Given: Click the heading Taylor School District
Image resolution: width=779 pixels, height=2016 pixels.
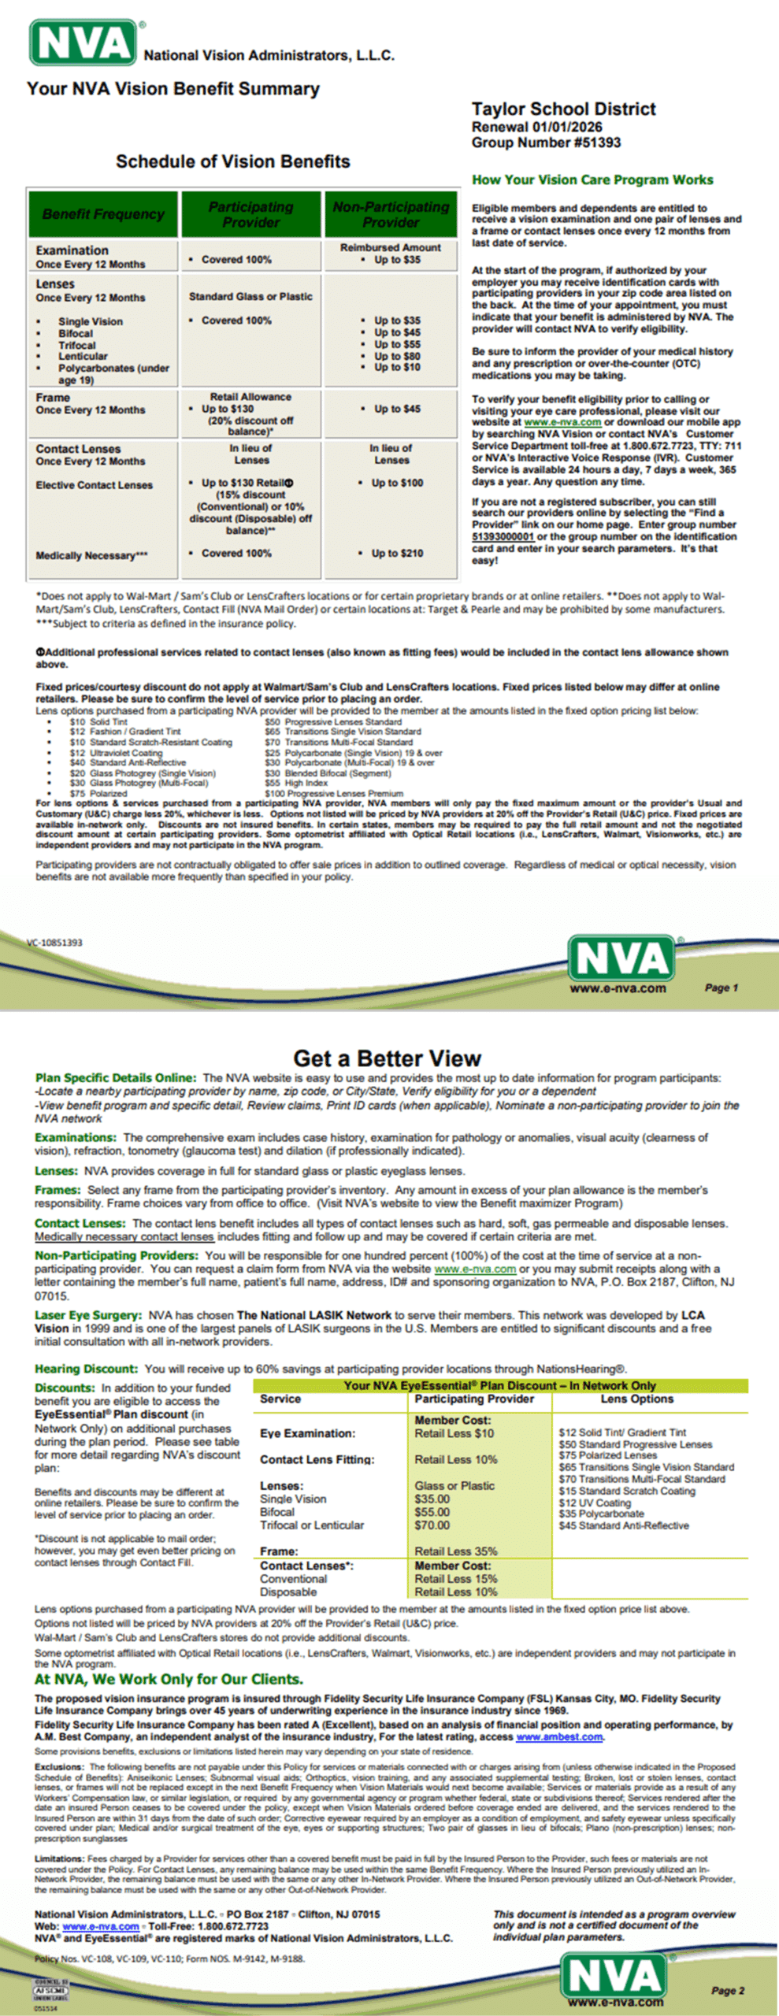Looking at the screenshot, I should click(563, 109).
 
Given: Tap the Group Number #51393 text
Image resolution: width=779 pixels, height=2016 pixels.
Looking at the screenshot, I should click(546, 143).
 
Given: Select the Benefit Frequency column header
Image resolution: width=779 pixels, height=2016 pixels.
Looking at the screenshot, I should click(103, 214).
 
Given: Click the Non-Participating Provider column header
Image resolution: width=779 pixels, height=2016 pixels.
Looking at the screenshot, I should click(391, 214).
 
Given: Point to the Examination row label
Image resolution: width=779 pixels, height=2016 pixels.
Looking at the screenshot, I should click(72, 250).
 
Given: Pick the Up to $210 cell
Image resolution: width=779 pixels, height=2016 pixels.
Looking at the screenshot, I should click(398, 554).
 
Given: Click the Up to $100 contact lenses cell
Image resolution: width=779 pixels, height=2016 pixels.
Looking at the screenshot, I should click(397, 483).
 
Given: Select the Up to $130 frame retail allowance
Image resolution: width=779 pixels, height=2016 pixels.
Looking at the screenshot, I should click(228, 409).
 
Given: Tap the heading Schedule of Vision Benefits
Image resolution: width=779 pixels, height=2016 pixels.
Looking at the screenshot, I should click(233, 161).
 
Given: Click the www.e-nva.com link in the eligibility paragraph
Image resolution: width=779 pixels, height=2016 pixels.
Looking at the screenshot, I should click(562, 422).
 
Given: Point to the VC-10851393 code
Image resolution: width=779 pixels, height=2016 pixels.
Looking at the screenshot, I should click(54, 943).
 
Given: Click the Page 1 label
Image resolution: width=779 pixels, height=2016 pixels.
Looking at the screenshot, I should click(721, 988).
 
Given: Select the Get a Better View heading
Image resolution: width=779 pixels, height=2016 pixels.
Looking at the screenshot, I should click(387, 1058).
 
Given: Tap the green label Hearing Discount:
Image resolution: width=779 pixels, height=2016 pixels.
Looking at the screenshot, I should click(86, 1369).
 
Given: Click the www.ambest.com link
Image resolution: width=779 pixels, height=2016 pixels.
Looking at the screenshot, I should click(559, 1737).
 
